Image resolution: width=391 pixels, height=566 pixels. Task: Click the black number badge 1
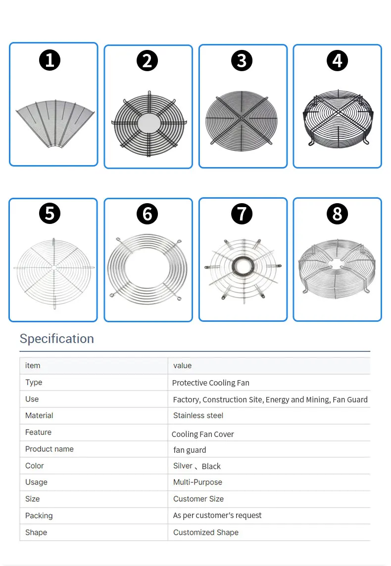pos(49,60)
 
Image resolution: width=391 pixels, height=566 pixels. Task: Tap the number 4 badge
pos(337,60)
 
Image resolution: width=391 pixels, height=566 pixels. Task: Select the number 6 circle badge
pos(147,214)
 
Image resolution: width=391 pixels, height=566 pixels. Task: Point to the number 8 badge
pos(337,214)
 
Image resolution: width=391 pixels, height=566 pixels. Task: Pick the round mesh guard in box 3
pos(242,119)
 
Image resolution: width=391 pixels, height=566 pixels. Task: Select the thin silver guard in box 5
pos(53,268)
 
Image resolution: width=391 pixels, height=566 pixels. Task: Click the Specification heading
pos(56,339)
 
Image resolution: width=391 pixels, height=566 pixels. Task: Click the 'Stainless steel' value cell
pos(198,416)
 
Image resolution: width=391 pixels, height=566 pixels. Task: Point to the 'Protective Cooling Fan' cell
pos(210,383)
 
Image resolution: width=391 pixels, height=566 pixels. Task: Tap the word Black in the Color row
pos(211,466)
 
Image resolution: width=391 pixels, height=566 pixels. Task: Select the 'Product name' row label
pos(49,449)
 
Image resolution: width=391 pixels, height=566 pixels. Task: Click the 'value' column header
pos(182,366)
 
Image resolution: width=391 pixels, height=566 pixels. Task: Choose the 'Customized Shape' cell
pos(206,532)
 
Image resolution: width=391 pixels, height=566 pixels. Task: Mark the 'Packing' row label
pos(39,516)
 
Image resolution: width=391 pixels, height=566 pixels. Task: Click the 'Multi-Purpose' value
pos(197,482)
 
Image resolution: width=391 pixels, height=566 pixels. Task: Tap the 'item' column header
pos(33,366)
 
